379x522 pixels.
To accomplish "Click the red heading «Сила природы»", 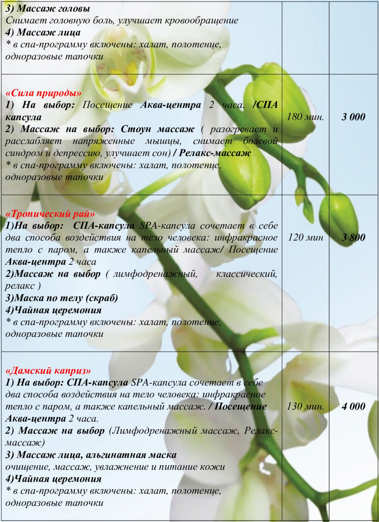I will [44, 93].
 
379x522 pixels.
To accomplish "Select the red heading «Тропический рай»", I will [50, 214].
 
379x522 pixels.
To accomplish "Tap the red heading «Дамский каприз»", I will [48, 371].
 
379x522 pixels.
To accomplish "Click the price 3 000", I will [353, 117].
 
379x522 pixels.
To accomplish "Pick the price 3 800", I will [353, 237].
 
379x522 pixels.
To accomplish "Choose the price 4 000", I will [353, 406].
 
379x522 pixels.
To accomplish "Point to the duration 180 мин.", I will [305, 117].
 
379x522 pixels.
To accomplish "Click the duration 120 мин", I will [305, 237].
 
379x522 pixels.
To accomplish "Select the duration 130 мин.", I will [305, 406].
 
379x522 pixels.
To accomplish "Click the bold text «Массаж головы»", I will [53, 8].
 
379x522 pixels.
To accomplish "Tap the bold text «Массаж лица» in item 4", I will [49, 33].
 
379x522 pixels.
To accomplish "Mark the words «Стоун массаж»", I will [157, 129].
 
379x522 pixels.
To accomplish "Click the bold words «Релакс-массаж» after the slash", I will [215, 153].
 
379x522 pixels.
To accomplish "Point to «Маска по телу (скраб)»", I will [66, 298].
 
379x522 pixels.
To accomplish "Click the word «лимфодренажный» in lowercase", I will [155, 274].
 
